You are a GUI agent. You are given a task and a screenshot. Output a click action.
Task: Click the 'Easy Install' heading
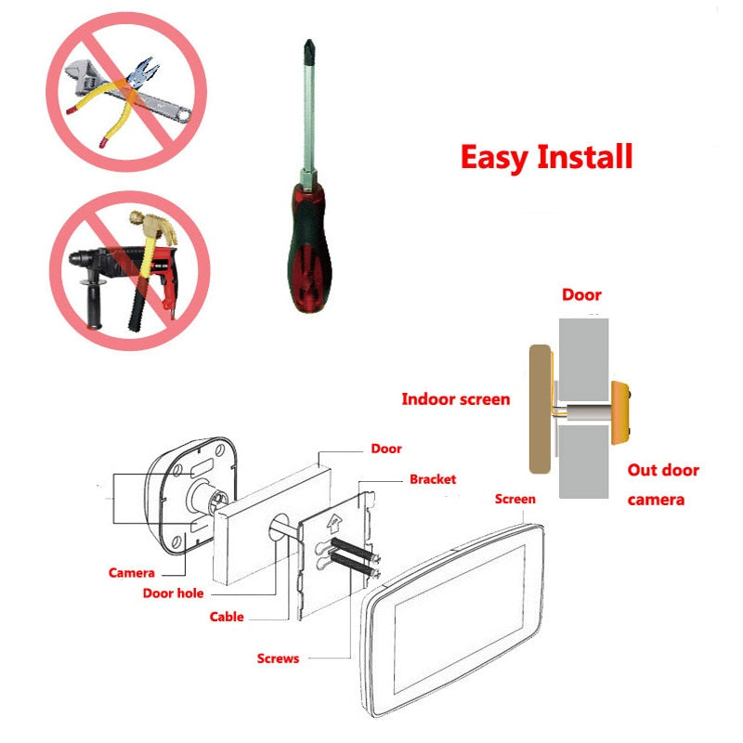546,156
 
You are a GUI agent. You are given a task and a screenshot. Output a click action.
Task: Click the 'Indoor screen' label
455,399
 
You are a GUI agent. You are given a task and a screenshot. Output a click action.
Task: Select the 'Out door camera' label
662,484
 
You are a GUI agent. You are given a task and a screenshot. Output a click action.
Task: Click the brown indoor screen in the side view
538,409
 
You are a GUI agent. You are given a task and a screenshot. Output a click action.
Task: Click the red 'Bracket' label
433,479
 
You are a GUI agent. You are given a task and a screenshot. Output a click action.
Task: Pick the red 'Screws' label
278,658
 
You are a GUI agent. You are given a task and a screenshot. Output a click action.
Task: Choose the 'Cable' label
227,616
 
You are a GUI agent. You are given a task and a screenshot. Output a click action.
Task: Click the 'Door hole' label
174,593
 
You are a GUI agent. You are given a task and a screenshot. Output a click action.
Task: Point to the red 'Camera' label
132,573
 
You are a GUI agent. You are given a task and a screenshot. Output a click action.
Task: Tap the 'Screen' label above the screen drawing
515,499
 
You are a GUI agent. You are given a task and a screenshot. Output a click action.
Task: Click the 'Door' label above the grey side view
581,295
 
